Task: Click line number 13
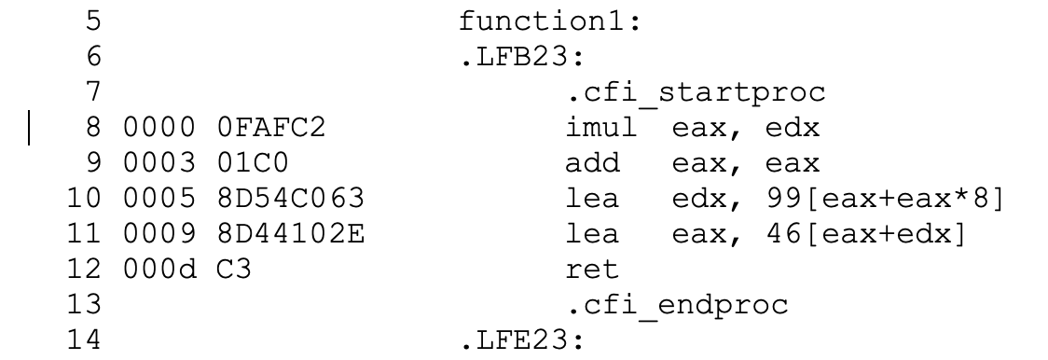click(83, 304)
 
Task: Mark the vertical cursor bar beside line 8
click(32, 129)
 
